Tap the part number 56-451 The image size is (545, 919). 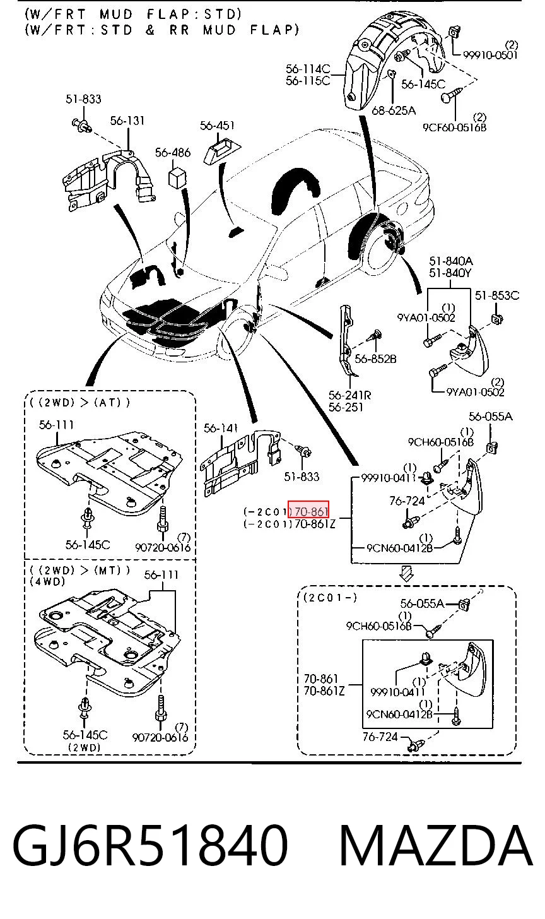tap(217, 125)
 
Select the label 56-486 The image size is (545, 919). tap(173, 153)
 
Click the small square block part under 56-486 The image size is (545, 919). tap(177, 177)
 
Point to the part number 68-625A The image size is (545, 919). tap(394, 110)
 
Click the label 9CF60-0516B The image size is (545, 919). tap(454, 127)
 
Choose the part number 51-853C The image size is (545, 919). tap(497, 295)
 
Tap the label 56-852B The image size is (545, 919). tap(375, 359)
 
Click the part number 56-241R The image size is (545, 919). tap(350, 395)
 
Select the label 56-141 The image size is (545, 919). tap(221, 429)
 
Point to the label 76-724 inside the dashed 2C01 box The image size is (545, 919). tap(380, 737)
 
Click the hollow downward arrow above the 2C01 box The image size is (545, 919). tap(406, 574)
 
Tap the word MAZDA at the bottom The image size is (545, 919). tap(435, 846)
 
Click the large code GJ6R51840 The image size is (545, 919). tap(150, 846)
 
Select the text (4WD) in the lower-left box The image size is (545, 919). tap(47, 581)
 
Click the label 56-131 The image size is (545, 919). tap(127, 121)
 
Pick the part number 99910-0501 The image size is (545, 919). tap(491, 54)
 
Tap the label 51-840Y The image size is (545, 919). tap(450, 273)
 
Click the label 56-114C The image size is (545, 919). tap(308, 69)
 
